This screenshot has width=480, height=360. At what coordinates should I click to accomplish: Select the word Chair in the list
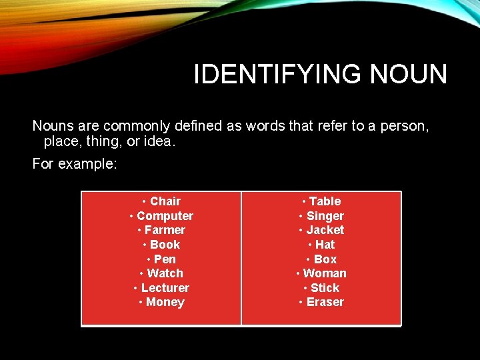pyautogui.click(x=165, y=201)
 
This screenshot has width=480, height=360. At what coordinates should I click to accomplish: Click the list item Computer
pyautogui.click(x=165, y=216)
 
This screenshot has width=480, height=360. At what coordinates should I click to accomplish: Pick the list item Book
pyautogui.click(x=165, y=245)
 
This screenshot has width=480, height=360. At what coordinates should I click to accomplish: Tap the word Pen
pyautogui.click(x=165, y=259)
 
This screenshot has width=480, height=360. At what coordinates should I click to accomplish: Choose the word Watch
pyautogui.click(x=165, y=273)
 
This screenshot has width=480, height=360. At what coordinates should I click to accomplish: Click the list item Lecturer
pyautogui.click(x=165, y=288)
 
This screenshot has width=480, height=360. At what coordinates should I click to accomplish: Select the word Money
pyautogui.click(x=165, y=302)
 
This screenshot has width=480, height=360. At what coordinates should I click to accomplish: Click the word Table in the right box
pyautogui.click(x=325, y=201)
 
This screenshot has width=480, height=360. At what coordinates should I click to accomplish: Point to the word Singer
pyautogui.click(x=325, y=216)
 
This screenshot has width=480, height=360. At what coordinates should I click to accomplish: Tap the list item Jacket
pyautogui.click(x=325, y=230)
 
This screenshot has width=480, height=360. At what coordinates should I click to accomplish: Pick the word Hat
pyautogui.click(x=325, y=245)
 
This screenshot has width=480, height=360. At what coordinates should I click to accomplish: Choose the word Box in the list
pyautogui.click(x=325, y=259)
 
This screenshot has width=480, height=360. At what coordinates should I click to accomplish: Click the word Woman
pyautogui.click(x=325, y=273)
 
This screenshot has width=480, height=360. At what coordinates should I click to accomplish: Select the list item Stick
pyautogui.click(x=325, y=288)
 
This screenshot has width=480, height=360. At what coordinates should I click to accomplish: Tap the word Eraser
pyautogui.click(x=325, y=302)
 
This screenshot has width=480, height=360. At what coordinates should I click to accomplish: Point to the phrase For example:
pyautogui.click(x=75, y=163)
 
